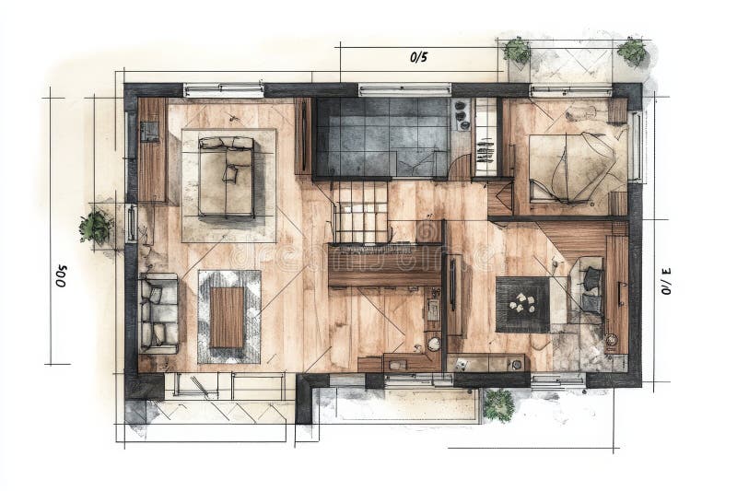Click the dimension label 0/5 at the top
pyautogui.click(x=418, y=57)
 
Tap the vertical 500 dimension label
pyautogui.click(x=62, y=275)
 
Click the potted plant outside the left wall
pyautogui.click(x=95, y=227)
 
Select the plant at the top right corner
pyautogui.click(x=632, y=51)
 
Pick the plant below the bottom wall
pyautogui.click(x=497, y=403)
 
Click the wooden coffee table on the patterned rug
pyautogui.click(x=228, y=317)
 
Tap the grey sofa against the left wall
pyautogui.click(x=158, y=313)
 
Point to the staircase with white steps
pyautogui.click(x=360, y=213)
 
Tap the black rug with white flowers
pyautogui.click(x=522, y=304)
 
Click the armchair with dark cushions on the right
pyautogui.click(x=589, y=289)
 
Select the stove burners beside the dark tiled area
pyautogui.click(x=462, y=115)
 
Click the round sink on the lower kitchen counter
pyautogui.click(x=434, y=344)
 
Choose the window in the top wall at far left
pyautogui.click(x=223, y=90)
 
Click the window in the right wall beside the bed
pyautogui.click(x=635, y=146)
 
